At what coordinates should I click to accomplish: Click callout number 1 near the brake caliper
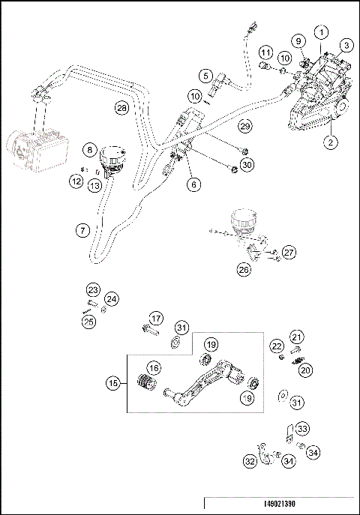(x=320, y=32)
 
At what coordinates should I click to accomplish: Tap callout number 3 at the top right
(x=346, y=46)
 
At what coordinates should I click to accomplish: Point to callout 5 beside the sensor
(x=205, y=75)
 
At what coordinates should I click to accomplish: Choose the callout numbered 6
(x=193, y=183)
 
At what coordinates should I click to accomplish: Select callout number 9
(x=298, y=40)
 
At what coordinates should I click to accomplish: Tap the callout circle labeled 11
(x=266, y=52)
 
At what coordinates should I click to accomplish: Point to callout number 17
(x=155, y=318)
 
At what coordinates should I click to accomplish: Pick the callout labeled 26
(x=244, y=269)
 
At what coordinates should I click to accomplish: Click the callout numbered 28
(x=121, y=108)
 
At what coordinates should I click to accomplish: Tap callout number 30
(x=247, y=164)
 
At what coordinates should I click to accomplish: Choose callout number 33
(x=301, y=429)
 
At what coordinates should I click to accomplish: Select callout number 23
(x=92, y=290)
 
